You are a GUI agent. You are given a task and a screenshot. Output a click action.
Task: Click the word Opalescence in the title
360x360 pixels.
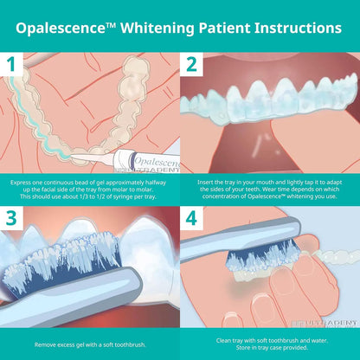(x=65, y=28)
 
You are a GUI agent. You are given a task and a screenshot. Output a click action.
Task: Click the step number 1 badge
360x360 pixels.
(x=11, y=63)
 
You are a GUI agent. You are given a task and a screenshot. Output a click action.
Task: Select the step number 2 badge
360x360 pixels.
(x=192, y=63)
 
